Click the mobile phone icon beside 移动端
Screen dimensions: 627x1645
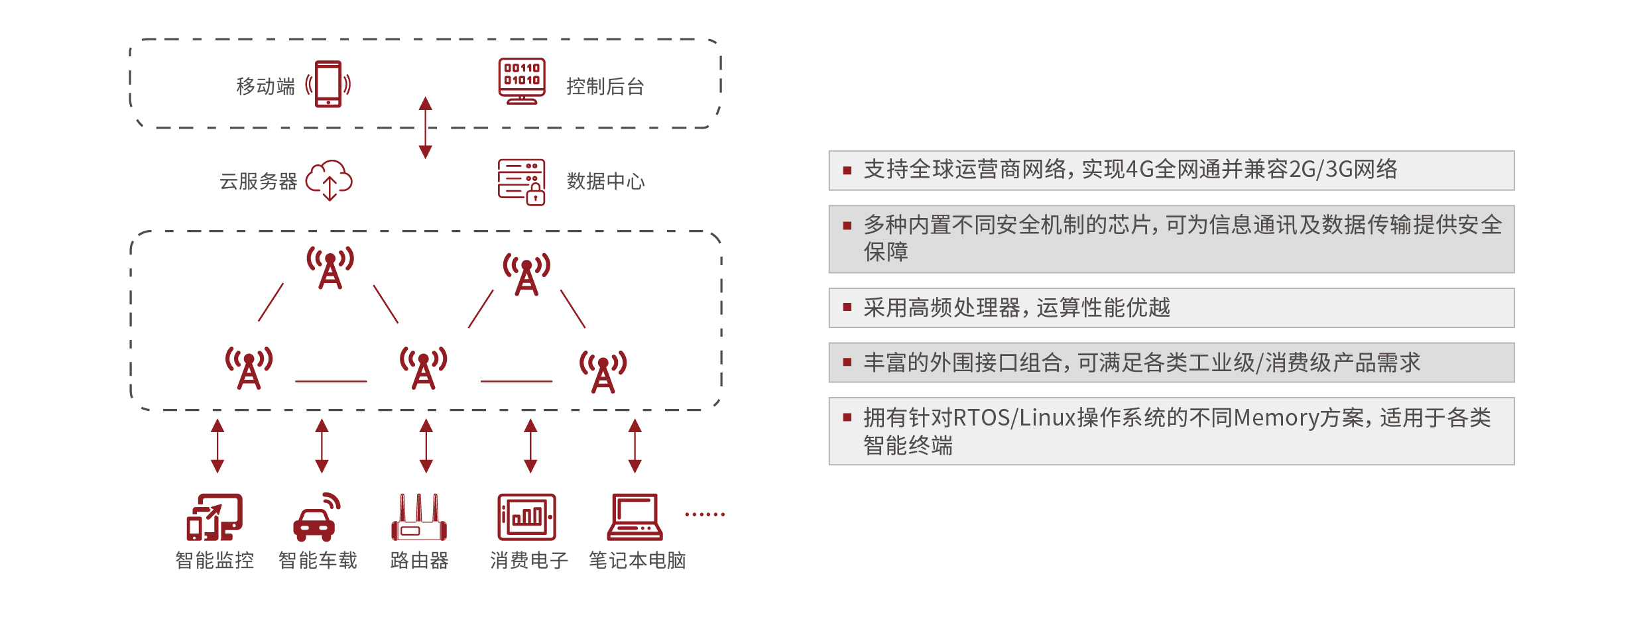pyautogui.click(x=328, y=84)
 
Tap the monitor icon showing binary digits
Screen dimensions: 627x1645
pyautogui.click(x=522, y=81)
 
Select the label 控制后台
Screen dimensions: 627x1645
pyautogui.click(x=605, y=86)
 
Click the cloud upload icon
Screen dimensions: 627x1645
pyautogui.click(x=329, y=180)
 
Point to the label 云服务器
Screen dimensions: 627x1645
pyautogui.click(x=259, y=181)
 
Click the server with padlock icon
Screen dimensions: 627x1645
pyautogui.click(x=522, y=182)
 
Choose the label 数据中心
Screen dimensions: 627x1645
pyautogui.click(x=605, y=181)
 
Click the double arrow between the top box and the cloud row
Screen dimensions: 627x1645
pyautogui.click(x=426, y=127)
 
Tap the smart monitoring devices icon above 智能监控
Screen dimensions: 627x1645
pyautogui.click(x=214, y=517)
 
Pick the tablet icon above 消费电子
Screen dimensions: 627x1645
pyautogui.click(x=527, y=517)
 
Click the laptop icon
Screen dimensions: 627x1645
pyautogui.click(x=635, y=517)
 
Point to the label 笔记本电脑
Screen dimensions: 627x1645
pyautogui.click(x=637, y=561)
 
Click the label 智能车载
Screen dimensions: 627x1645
pyautogui.click(x=318, y=561)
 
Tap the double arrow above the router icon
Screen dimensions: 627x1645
pyautogui.click(x=426, y=445)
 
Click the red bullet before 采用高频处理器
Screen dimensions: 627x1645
pyautogui.click(x=847, y=307)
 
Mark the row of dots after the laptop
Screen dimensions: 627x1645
pyautogui.click(x=705, y=514)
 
